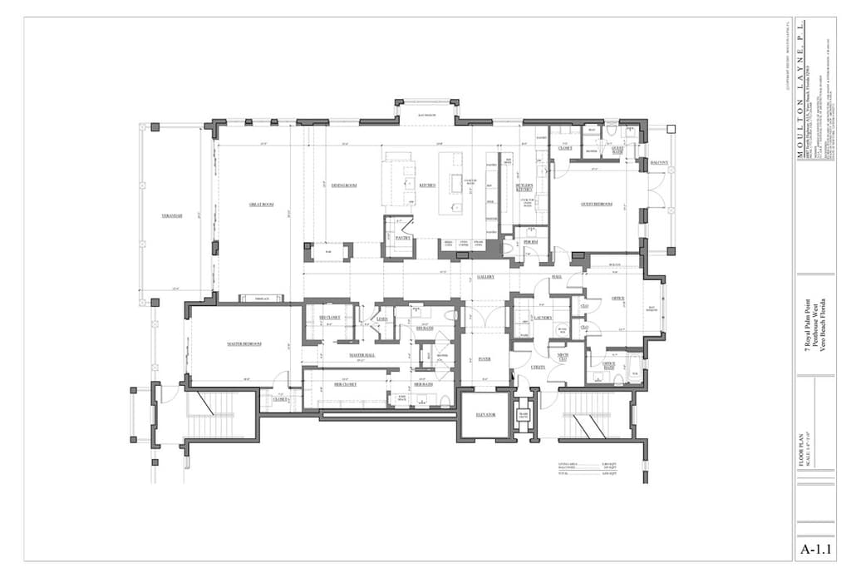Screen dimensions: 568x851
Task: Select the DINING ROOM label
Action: (x=344, y=185)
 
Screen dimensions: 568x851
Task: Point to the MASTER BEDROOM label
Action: (x=244, y=343)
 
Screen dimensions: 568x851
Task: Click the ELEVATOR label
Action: (x=485, y=414)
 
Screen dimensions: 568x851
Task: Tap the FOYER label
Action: (x=485, y=359)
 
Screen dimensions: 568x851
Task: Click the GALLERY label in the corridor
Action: (x=486, y=277)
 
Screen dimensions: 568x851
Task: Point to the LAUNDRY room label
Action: (x=544, y=318)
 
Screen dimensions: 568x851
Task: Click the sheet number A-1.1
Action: (x=815, y=550)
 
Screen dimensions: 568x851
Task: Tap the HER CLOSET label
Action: (x=345, y=385)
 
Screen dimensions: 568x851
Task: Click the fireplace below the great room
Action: (x=261, y=298)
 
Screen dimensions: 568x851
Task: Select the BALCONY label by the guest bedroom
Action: (x=659, y=163)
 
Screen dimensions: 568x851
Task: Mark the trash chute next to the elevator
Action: (x=524, y=416)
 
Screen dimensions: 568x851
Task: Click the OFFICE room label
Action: (x=617, y=299)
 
